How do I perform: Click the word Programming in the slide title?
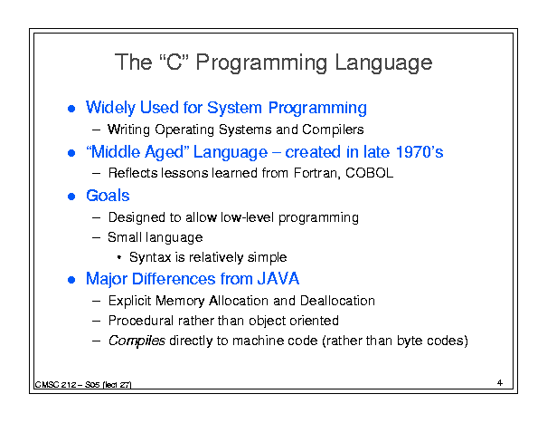261,62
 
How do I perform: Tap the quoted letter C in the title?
174,62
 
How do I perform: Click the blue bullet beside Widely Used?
71,109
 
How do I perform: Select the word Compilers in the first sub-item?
333,130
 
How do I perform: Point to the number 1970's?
420,152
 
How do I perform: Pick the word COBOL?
370,173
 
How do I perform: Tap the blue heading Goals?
108,196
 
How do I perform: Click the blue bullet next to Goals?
71,197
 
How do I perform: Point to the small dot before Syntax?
119,258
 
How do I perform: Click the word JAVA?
278,279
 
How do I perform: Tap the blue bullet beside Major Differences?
71,280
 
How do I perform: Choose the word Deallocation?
337,301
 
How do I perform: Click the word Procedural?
141,321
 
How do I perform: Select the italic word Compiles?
137,341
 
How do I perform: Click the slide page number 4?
500,383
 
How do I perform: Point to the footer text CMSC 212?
56,385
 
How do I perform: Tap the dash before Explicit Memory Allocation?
96,301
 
